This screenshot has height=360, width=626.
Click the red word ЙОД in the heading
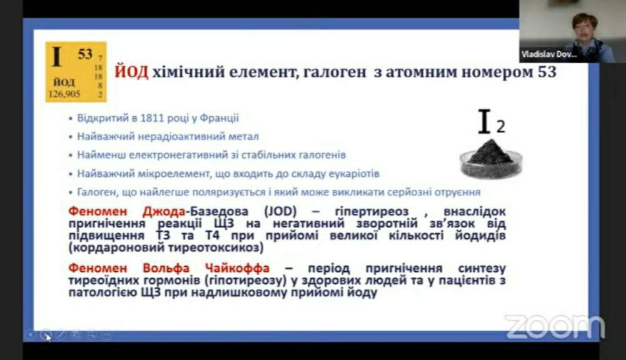[x=131, y=72]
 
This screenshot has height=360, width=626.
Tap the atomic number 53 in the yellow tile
[x=85, y=54]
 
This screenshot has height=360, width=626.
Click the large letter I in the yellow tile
[x=57, y=57]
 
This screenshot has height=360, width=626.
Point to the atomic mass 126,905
[x=64, y=94]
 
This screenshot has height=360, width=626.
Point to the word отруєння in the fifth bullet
[x=457, y=192]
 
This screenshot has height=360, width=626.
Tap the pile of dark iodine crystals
[x=490, y=152]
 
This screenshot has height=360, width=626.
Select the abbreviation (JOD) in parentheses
[x=280, y=211]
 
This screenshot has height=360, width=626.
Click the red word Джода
[x=164, y=211]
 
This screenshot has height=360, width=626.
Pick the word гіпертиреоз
[x=371, y=211]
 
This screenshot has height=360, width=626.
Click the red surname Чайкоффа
[x=237, y=267]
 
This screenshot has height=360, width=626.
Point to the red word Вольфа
[x=166, y=267]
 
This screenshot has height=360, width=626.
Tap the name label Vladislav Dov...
[x=549, y=54]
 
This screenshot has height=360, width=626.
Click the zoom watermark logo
[x=555, y=327]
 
